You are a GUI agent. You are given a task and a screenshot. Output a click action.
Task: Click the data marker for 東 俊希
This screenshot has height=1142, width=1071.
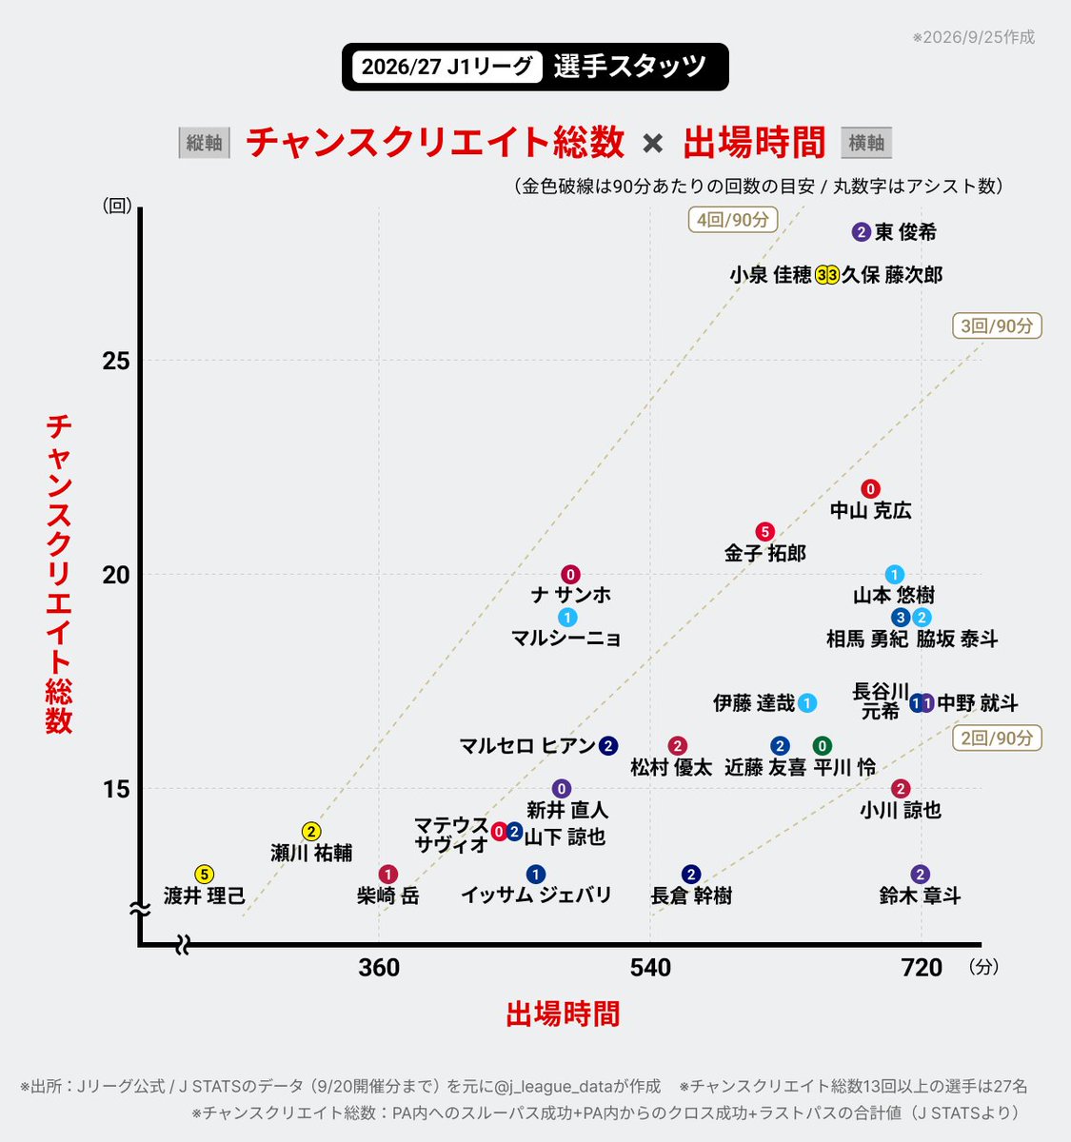point(861,232)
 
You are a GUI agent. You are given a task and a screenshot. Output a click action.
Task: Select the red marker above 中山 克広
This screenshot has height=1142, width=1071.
point(870,489)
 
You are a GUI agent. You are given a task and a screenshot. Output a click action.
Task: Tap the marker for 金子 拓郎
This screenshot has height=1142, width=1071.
point(764,532)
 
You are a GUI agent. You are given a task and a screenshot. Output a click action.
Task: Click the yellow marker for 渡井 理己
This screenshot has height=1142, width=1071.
point(205,875)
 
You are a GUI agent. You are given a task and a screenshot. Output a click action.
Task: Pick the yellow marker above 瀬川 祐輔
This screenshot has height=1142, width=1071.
point(310,832)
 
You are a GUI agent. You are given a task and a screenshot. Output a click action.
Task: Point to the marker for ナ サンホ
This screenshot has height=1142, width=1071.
point(570,575)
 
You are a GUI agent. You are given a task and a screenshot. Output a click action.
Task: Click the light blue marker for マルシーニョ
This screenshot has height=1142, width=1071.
point(567,618)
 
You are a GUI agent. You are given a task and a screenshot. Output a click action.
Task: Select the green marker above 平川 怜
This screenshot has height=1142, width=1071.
point(822,746)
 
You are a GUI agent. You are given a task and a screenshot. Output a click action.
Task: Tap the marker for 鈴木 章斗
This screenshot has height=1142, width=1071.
point(921,875)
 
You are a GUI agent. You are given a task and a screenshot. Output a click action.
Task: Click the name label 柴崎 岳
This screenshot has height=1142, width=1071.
point(387,896)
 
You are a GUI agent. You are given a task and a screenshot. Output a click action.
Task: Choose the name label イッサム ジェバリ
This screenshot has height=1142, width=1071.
point(536,895)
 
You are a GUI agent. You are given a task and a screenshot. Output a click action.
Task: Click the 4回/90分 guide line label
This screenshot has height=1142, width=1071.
point(733,220)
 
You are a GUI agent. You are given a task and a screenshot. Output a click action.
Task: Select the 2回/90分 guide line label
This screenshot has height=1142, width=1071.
point(997,738)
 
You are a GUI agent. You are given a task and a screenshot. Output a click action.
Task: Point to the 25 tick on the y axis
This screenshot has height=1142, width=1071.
point(116,361)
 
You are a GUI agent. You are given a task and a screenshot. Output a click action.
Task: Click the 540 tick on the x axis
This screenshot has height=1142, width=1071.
point(650,968)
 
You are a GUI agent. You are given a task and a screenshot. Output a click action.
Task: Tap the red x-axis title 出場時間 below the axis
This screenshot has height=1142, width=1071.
point(563,1014)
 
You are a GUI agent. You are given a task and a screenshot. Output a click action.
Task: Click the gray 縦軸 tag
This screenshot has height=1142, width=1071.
point(205,143)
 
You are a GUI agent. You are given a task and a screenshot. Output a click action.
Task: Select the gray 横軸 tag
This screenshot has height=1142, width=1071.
point(866,143)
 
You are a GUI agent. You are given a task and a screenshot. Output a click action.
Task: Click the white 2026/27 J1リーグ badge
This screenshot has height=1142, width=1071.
point(447,67)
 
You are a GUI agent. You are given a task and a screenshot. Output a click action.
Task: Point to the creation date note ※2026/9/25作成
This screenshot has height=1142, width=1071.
point(973,37)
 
